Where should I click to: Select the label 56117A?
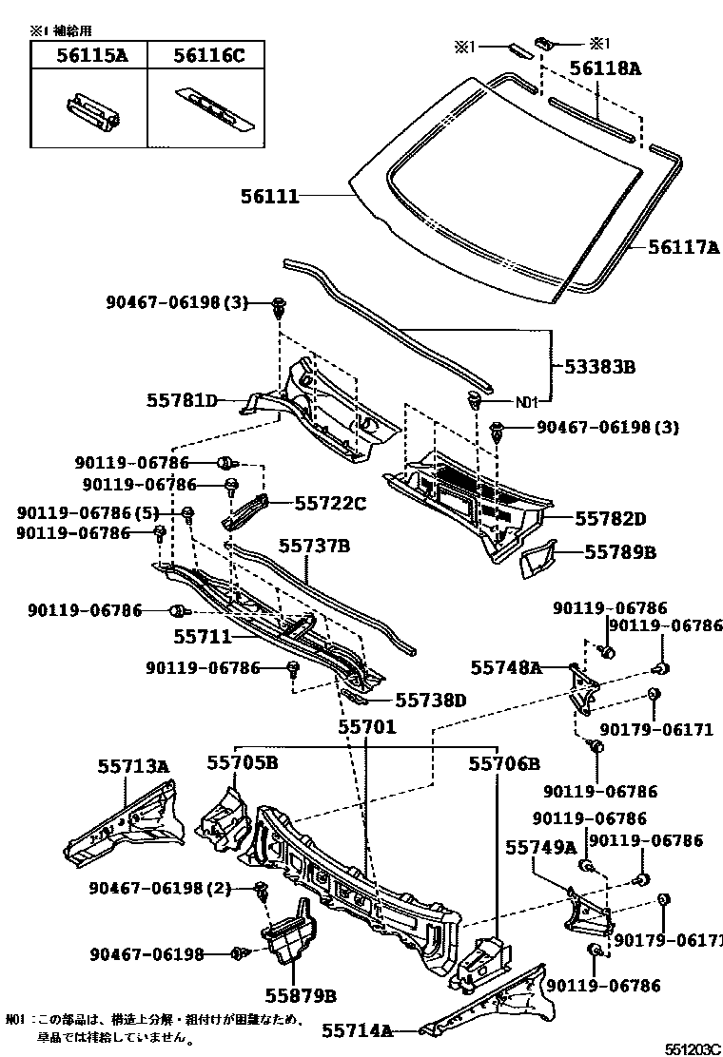click(684, 247)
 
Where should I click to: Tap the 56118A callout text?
click(605, 67)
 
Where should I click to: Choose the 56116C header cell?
click(208, 56)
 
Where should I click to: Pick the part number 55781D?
click(183, 401)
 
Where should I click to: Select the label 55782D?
click(610, 519)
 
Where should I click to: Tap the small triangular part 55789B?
click(542, 561)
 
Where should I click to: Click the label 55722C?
click(330, 503)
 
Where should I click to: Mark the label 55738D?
click(430, 701)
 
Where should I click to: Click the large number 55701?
click(366, 727)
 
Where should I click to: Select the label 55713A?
click(133, 765)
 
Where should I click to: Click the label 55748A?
click(506, 668)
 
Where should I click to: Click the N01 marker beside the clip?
click(530, 401)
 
